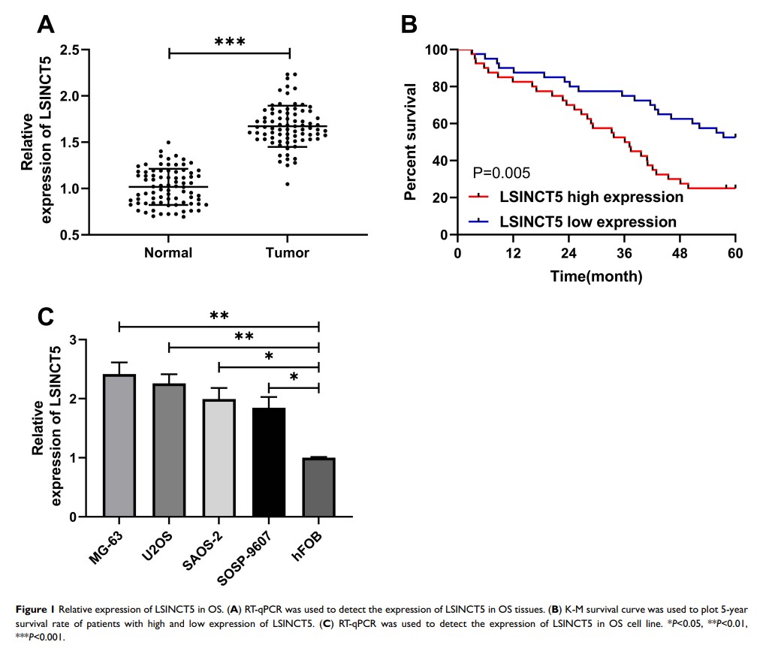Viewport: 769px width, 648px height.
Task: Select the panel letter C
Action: pos(47,317)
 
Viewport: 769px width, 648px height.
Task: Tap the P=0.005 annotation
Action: pos(502,173)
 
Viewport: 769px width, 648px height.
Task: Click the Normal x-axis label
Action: pos(169,253)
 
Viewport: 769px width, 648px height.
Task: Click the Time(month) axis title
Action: pos(596,276)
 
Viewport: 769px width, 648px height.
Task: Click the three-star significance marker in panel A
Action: pos(230,42)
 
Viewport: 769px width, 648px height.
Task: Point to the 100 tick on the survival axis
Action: pos(436,50)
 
